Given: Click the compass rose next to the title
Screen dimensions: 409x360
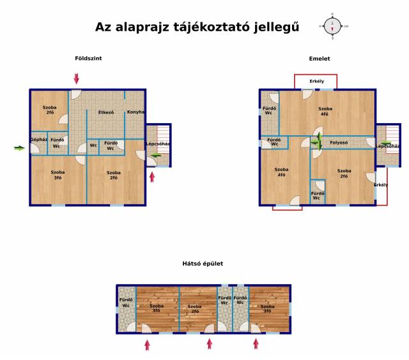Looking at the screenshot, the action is (x=332, y=26).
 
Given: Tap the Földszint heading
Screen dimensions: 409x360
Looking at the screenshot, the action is (x=88, y=58).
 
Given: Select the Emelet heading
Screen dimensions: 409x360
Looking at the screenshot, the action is (x=320, y=59).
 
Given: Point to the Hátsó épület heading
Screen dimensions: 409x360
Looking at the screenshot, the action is (x=203, y=264).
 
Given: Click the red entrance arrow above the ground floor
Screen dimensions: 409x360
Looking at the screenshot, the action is (x=76, y=79).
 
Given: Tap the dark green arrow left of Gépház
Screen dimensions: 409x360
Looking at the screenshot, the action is (x=19, y=148).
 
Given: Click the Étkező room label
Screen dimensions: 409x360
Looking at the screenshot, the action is (x=106, y=112).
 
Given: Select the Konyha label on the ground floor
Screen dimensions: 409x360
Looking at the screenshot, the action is (x=135, y=112).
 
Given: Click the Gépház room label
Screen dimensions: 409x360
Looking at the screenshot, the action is (x=39, y=140).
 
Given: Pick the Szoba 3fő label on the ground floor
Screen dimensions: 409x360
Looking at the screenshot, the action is (x=58, y=175).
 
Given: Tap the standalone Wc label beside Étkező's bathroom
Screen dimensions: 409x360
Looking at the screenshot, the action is (x=93, y=146).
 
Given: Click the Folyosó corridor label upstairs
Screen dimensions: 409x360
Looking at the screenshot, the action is (x=339, y=143).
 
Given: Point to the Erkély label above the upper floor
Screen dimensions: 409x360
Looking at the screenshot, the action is (x=317, y=81).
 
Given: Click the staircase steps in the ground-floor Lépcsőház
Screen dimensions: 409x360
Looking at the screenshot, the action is (x=164, y=140).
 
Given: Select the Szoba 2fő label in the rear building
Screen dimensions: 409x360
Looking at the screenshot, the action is (x=194, y=309).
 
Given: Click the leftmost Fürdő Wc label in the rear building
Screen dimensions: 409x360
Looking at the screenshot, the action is (x=126, y=303).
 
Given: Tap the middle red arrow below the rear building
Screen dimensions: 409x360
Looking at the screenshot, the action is (x=210, y=344).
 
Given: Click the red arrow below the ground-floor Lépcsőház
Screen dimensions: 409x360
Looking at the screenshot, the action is (x=152, y=177).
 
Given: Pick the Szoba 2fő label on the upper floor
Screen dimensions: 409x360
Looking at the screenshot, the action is (x=344, y=174).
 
